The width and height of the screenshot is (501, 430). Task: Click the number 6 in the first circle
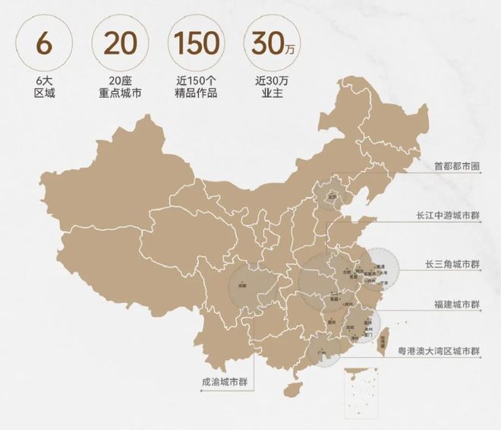(44, 44)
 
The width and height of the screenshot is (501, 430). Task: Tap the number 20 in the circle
(120, 44)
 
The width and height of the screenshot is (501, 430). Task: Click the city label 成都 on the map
(242, 286)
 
